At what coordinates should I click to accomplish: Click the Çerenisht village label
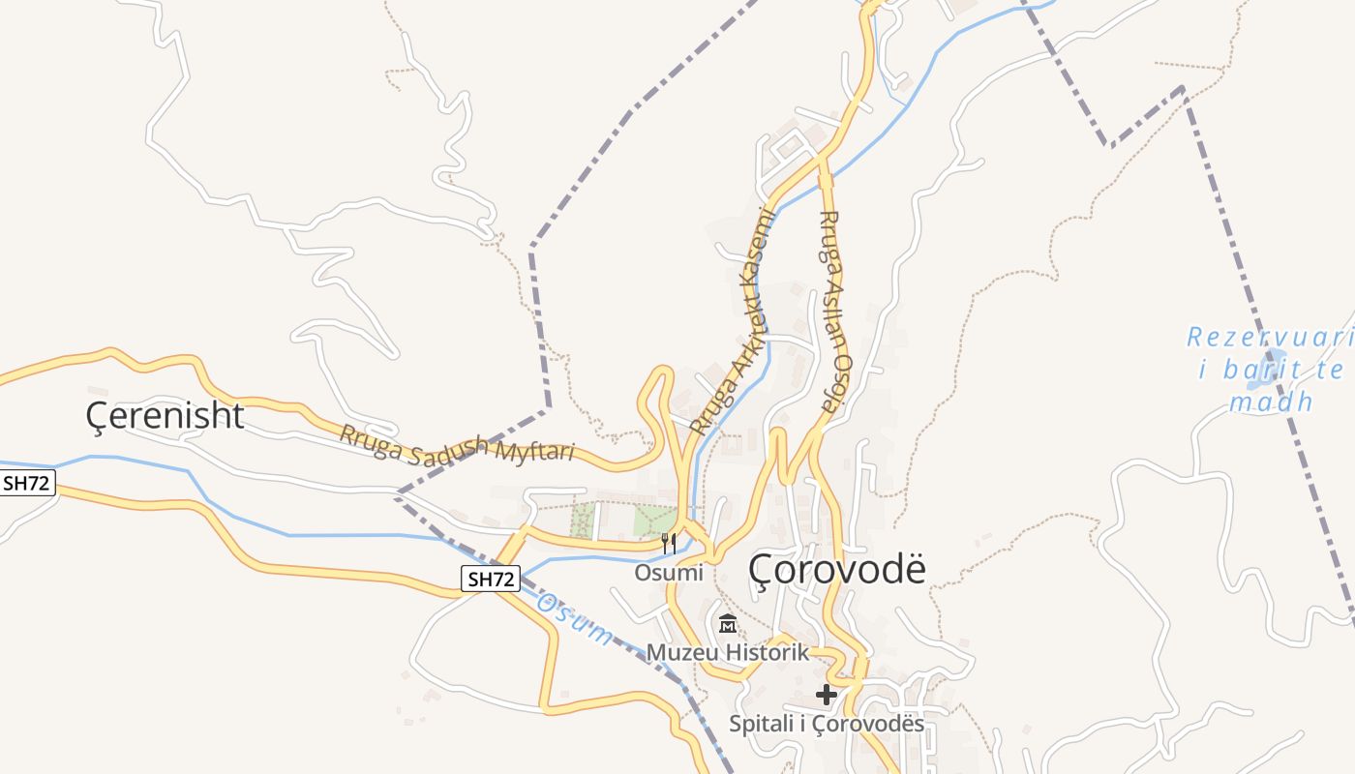click(x=165, y=416)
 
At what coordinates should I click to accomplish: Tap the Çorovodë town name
click(x=837, y=570)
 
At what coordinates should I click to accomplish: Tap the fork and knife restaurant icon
click(x=668, y=544)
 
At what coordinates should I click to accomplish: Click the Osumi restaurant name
click(x=668, y=573)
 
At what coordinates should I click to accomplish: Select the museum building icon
click(x=728, y=624)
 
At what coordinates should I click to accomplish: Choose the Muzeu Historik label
click(x=727, y=653)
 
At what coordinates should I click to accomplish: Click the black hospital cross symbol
click(x=826, y=694)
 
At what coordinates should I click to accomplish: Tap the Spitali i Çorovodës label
click(x=826, y=724)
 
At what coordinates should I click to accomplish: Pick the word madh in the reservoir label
click(x=1271, y=402)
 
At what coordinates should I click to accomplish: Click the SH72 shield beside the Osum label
click(x=490, y=579)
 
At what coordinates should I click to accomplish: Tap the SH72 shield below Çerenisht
click(x=27, y=484)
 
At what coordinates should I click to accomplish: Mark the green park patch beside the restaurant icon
click(x=654, y=520)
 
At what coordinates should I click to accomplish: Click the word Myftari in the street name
click(x=535, y=451)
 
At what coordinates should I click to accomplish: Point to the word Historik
click(x=766, y=653)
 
